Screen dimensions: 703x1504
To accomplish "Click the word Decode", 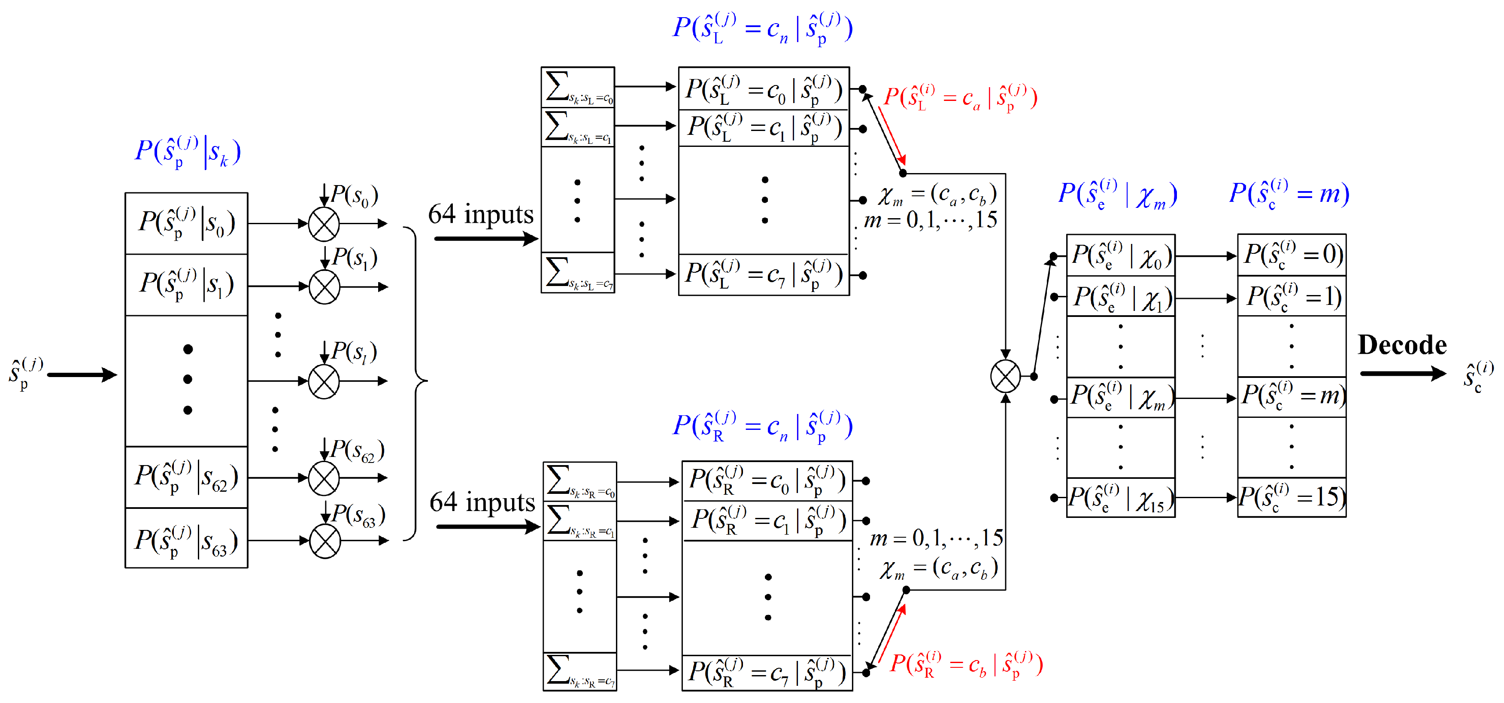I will [x=1402, y=345].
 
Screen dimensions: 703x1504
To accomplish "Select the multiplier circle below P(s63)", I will [x=324, y=541].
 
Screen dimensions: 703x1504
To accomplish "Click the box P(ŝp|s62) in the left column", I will [x=186, y=478].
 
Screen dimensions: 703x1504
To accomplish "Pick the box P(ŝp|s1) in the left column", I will [x=186, y=285].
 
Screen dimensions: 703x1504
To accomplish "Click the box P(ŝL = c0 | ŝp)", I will [x=763, y=89].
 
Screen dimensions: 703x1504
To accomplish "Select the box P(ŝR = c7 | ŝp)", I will [x=767, y=673].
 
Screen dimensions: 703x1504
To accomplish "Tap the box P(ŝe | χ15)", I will [x=1120, y=498].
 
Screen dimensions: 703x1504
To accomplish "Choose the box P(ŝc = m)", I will [x=1292, y=397].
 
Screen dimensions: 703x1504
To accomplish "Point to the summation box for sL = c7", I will [x=577, y=273].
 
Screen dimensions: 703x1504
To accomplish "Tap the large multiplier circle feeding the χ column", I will [x=1005, y=376].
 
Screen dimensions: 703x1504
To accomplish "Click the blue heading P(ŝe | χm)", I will [x=1118, y=195].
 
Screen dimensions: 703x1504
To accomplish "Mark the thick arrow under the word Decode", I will [x=1402, y=374].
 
